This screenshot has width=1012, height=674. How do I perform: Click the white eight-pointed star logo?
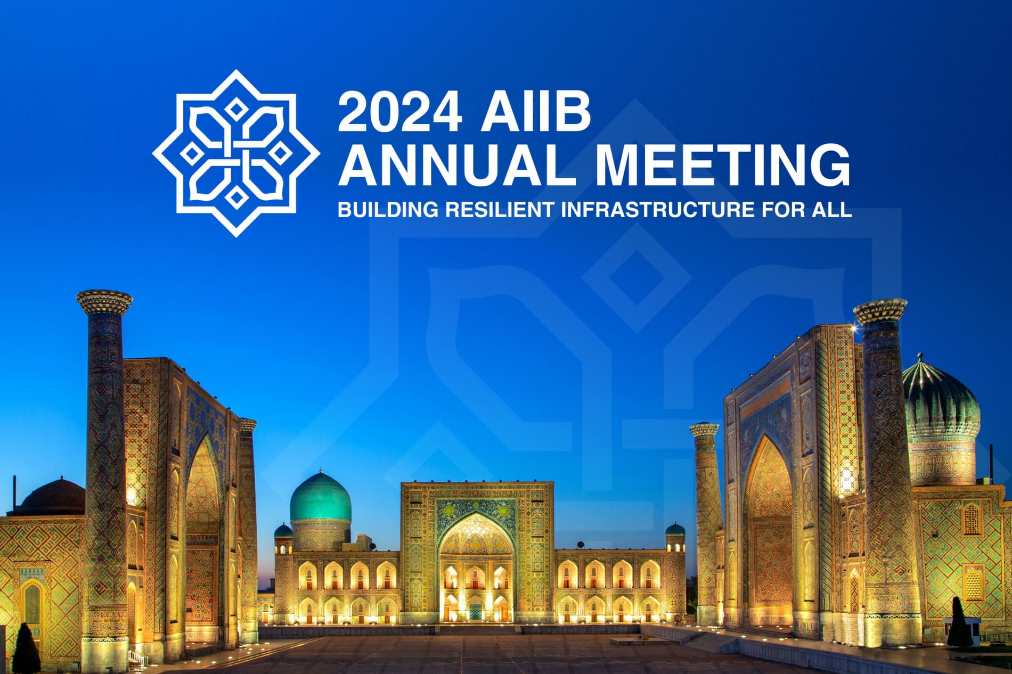tap(236, 153)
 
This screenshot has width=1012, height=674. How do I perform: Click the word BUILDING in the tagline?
tap(388, 210)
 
